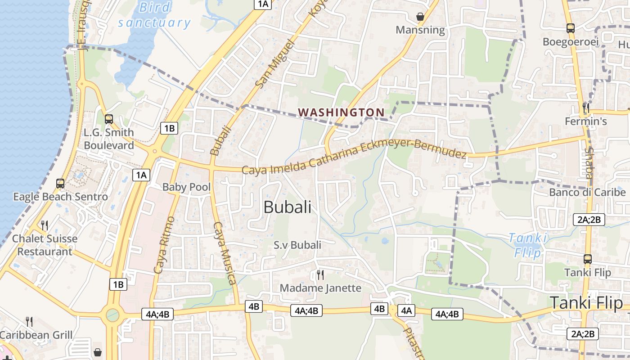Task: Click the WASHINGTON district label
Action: coord(342,112)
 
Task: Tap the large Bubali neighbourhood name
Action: coord(287,207)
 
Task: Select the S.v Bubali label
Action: coord(297,245)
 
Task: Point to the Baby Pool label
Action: coord(186,187)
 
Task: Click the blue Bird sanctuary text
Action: coord(155,15)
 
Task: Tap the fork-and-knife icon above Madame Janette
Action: coord(320,274)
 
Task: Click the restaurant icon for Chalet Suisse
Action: coord(45,225)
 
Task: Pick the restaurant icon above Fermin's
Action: coord(585,108)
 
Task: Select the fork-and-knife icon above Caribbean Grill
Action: coord(29,321)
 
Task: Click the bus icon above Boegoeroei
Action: coord(571,28)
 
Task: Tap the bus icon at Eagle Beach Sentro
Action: coord(60,184)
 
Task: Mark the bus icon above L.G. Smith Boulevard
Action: coord(109,119)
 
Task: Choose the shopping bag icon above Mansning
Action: coord(420,17)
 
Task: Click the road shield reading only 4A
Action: coord(406,310)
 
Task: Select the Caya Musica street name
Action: coord(225,253)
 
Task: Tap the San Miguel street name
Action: coord(274,63)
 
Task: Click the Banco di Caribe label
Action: coord(587,193)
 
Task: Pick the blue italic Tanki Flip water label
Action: coord(527,245)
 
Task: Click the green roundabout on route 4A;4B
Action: coord(112,315)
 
